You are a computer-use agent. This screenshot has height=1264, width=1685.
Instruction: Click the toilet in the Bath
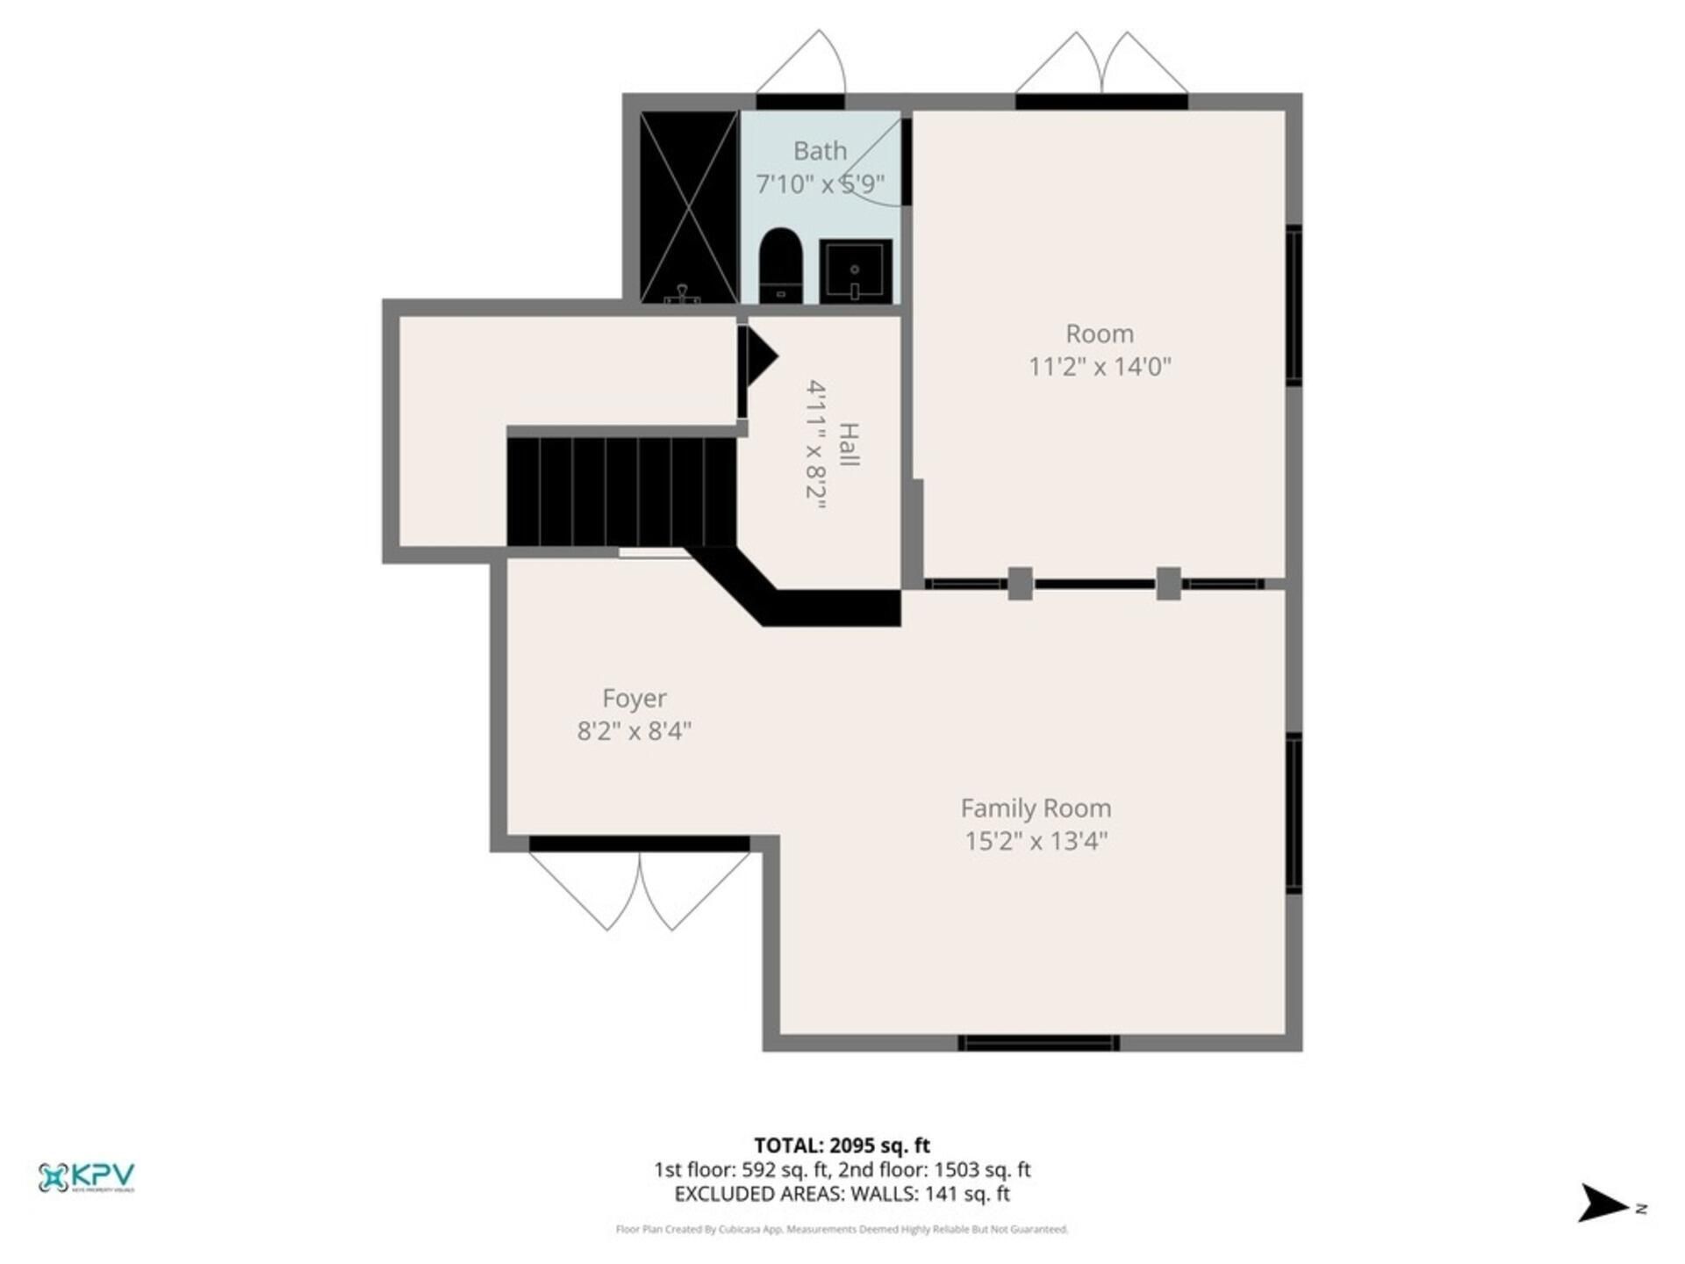[x=780, y=265]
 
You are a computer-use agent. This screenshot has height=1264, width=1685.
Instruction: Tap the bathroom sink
[x=856, y=271]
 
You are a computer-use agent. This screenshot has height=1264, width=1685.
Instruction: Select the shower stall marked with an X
[x=689, y=207]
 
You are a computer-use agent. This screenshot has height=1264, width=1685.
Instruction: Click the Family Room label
[x=1036, y=808]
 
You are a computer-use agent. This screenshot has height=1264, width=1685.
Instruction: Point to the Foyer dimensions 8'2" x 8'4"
[x=635, y=730]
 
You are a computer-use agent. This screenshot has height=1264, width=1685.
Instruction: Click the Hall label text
[x=849, y=445]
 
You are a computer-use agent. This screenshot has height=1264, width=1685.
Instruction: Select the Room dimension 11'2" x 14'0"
[x=1100, y=366]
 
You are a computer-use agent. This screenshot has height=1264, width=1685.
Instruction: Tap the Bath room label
[x=820, y=151]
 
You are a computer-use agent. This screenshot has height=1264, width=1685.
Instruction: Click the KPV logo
[x=86, y=1177]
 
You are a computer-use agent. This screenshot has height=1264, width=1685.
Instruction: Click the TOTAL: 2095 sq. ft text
[x=842, y=1145]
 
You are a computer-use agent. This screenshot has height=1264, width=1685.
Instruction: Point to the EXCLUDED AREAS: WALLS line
[x=842, y=1194]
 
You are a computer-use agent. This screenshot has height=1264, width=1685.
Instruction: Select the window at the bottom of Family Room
[x=1038, y=1043]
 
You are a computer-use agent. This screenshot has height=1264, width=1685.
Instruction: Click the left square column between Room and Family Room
[x=1020, y=584]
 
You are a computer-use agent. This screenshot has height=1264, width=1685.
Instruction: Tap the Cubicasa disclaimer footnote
[x=842, y=1230]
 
